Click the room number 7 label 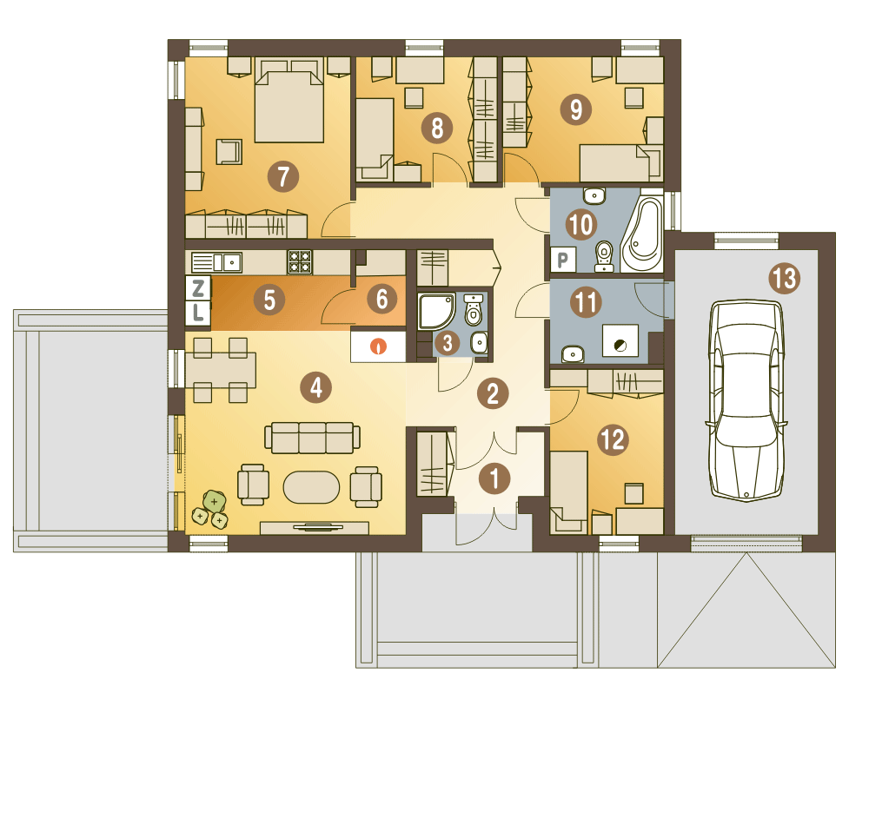[283, 177]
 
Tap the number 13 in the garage [785, 279]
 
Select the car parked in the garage [746, 399]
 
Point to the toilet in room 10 [604, 256]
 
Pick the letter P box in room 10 [563, 260]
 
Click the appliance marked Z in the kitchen [198, 288]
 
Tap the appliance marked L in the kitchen [198, 313]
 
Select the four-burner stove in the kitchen [299, 262]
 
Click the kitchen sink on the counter [216, 262]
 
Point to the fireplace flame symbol [379, 346]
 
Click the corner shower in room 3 [436, 312]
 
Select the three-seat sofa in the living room [313, 438]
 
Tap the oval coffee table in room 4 [311, 487]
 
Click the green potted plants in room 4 [210, 510]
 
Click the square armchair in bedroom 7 [229, 151]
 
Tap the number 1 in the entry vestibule [494, 478]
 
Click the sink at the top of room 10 [594, 195]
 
